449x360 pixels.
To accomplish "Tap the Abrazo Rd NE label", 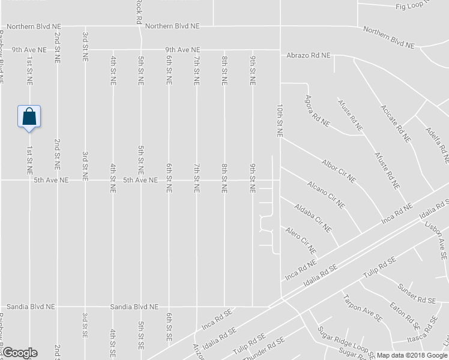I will [308, 55].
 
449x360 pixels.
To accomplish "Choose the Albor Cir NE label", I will [339, 171].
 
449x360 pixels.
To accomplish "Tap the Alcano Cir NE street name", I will [325, 194].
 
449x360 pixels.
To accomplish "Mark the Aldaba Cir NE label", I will [313, 217].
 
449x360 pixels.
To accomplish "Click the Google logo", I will [19, 353].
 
